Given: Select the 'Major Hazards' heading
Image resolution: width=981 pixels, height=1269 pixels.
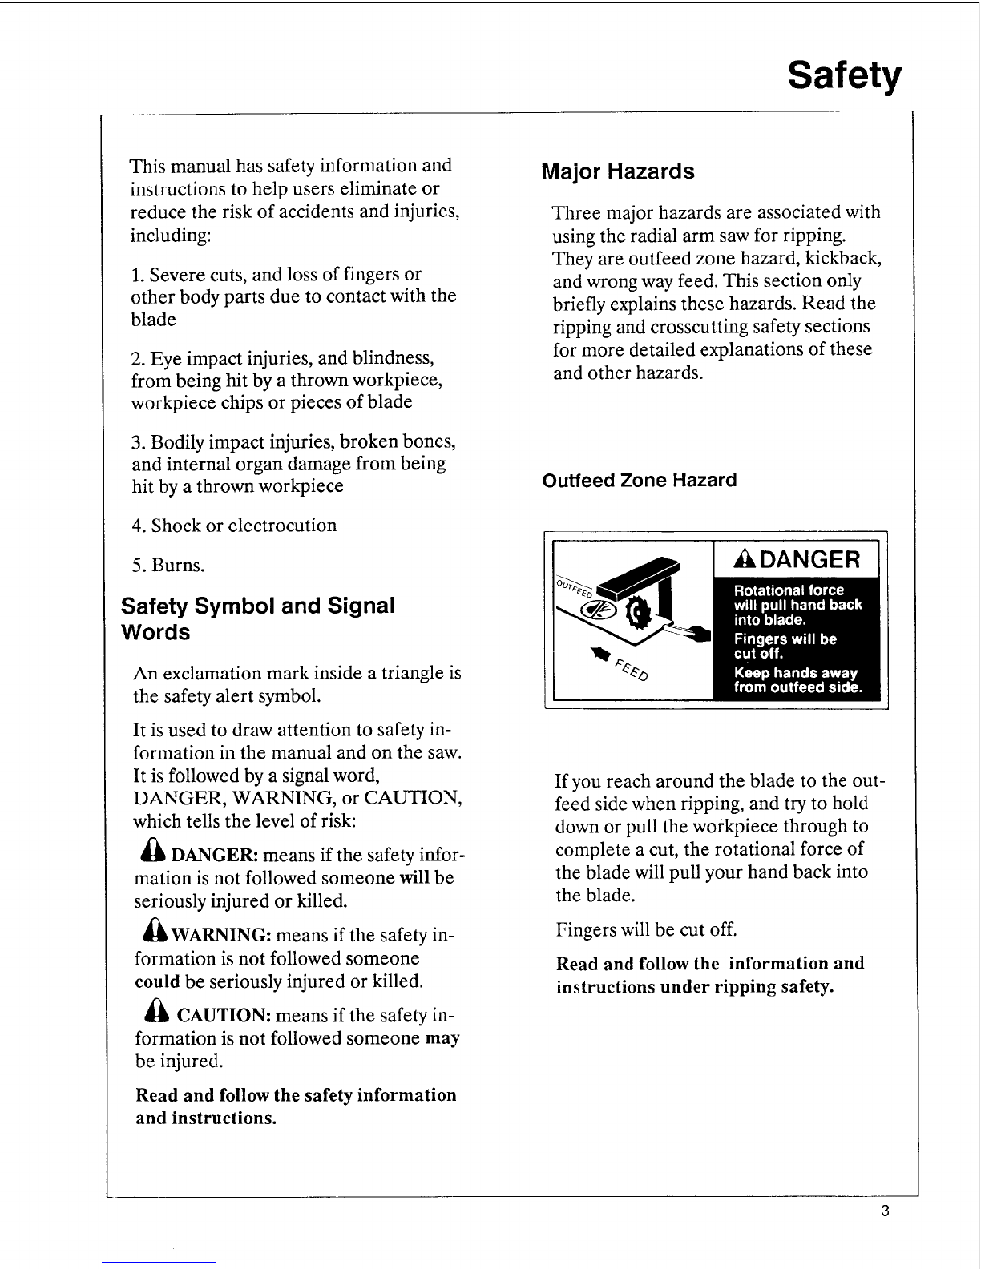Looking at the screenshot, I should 617,171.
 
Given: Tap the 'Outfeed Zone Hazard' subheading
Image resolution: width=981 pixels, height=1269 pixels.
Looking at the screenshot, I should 639,481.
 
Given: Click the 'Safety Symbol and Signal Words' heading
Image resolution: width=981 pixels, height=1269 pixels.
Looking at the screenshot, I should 257,618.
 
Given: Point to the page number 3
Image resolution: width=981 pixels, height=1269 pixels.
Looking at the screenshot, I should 885,1211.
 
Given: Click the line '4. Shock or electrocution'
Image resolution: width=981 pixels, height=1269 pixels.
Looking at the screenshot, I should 234,526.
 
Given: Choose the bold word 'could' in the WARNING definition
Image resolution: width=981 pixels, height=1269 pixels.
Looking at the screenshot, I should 157,981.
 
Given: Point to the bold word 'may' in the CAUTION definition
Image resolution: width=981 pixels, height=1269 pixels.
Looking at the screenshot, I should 443,1038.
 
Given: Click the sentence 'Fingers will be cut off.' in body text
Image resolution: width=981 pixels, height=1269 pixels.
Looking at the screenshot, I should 646,929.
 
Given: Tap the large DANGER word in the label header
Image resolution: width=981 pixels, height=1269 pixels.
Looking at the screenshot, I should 803,558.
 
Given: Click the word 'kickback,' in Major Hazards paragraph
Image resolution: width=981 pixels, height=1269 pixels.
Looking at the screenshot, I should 844,259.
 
